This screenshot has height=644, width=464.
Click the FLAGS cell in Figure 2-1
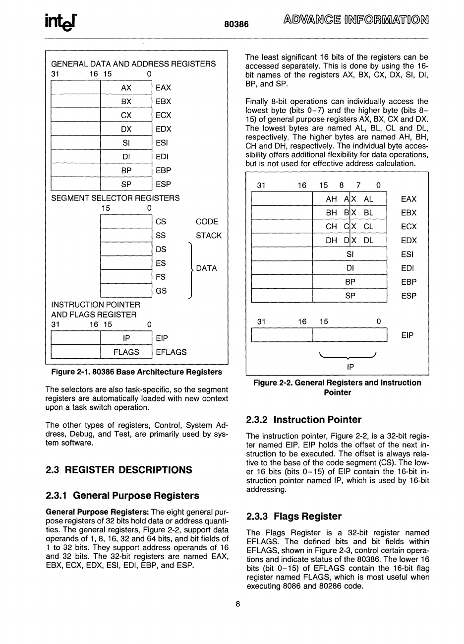click(x=126, y=352)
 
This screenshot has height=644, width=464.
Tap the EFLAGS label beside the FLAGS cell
click(x=171, y=352)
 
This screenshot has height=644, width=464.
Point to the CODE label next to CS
click(x=207, y=222)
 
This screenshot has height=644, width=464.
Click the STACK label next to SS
click(x=209, y=236)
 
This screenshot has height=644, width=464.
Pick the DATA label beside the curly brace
click(x=207, y=268)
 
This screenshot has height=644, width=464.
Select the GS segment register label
click(x=161, y=291)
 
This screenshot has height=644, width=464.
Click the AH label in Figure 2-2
click(x=332, y=199)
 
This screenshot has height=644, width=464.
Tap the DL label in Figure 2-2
click(x=368, y=241)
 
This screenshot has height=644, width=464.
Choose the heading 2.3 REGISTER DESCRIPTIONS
click(x=118, y=469)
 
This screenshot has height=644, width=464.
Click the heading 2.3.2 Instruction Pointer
click(x=304, y=420)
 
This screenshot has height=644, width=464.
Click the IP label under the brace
click(x=350, y=367)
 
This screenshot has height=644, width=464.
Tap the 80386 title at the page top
click(x=236, y=24)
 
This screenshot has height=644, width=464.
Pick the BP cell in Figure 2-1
click(x=126, y=170)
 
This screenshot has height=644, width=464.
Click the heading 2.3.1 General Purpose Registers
click(x=122, y=495)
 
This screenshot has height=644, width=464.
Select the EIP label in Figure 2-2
click(x=407, y=335)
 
